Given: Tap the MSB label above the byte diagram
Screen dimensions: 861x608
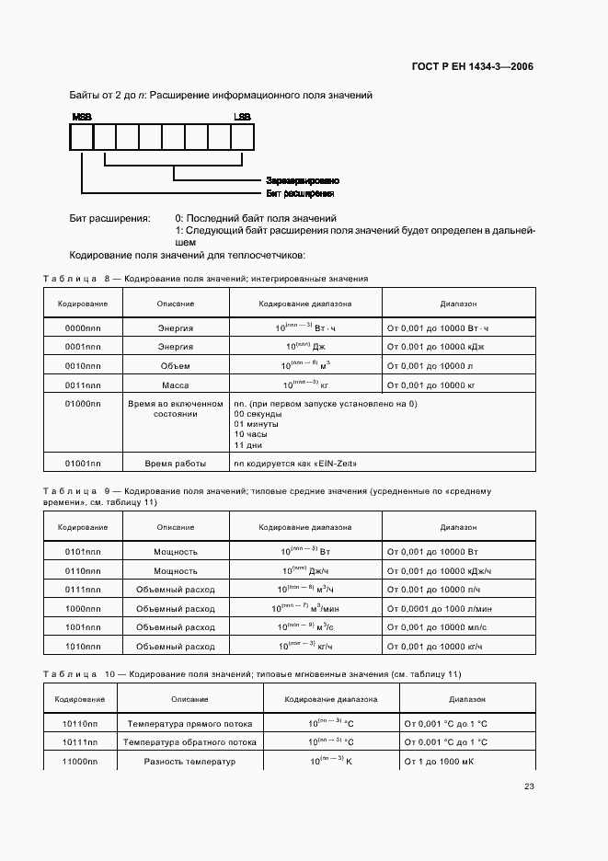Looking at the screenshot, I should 81,118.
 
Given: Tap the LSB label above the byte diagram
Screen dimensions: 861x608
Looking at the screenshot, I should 242,118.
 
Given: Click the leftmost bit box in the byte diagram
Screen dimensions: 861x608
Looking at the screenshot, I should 81,138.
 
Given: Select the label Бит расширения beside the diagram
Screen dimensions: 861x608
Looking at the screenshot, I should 299,194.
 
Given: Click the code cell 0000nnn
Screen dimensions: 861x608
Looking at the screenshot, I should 83,328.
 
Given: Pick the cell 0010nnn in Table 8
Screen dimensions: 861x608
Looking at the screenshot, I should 83,365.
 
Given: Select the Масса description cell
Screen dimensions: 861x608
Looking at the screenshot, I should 175,385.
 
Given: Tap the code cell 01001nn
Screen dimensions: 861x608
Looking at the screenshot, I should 83,464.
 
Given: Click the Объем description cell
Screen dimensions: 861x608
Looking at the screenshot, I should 175,365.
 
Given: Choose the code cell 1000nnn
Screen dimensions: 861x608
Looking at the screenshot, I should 83,609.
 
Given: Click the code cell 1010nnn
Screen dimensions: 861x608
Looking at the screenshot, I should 83,646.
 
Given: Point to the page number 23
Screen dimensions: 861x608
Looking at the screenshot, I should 529,786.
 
